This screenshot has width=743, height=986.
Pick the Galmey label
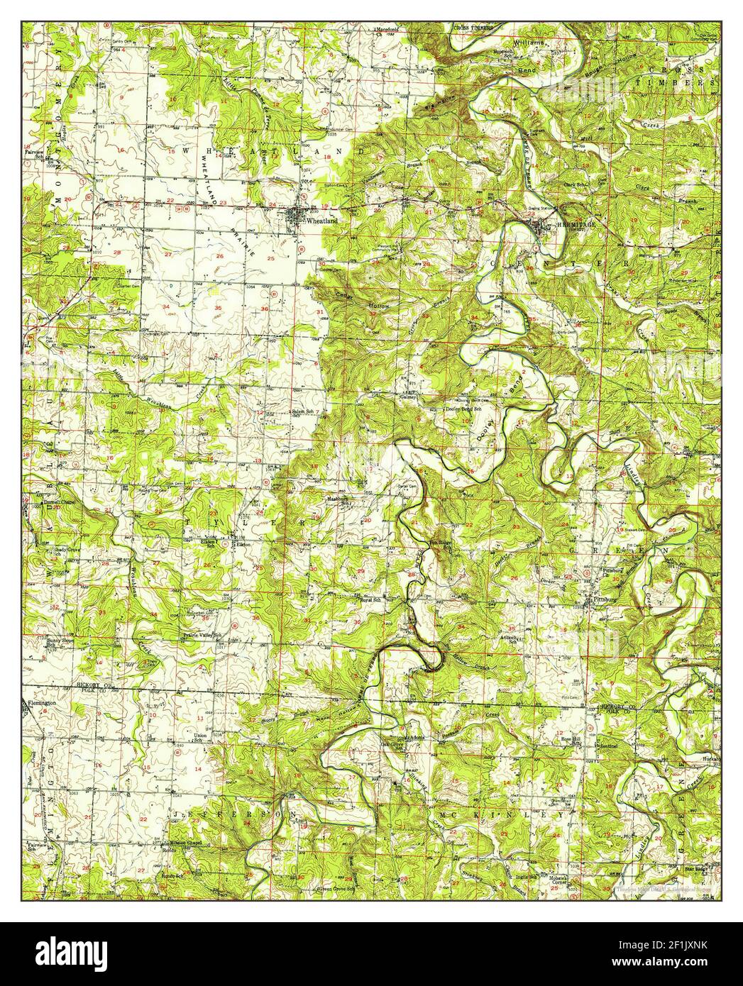[407, 399]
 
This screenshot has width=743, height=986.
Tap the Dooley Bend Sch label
[450, 410]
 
